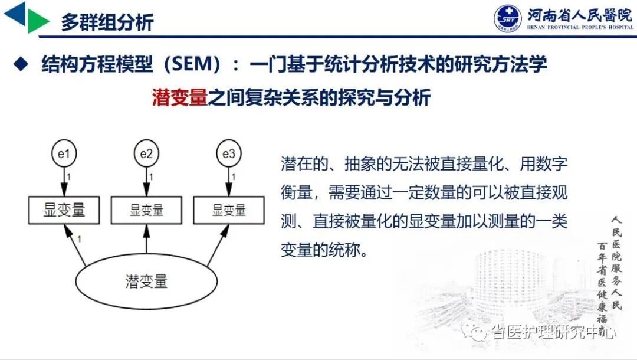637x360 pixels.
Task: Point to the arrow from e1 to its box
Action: [x=64, y=181]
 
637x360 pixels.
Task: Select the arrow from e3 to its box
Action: [x=229, y=181]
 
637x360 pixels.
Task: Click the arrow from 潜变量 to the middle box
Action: [x=146, y=239]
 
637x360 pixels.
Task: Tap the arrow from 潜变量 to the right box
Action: [x=218, y=246]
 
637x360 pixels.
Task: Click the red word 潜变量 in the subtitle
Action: [x=179, y=97]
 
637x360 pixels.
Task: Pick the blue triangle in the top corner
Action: [x=15, y=14]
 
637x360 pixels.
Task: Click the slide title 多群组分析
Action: [x=107, y=22]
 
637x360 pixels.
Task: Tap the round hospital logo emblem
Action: [x=508, y=18]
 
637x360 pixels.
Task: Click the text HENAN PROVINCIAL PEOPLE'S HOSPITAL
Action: [x=580, y=27]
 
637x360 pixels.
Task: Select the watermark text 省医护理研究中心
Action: [x=553, y=332]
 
